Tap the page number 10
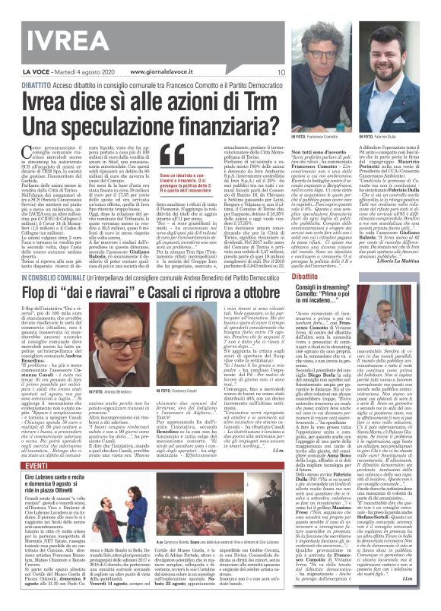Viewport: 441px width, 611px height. point(281,72)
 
